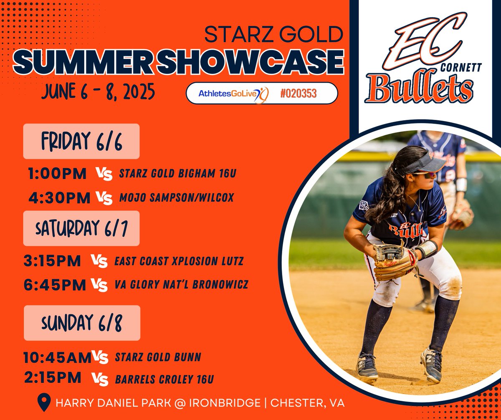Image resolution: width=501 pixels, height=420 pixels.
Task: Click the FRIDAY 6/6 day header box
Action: [x=81, y=141]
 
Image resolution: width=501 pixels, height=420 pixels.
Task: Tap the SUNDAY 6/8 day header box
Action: [x=82, y=323]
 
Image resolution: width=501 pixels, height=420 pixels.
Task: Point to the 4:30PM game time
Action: [x=59, y=197]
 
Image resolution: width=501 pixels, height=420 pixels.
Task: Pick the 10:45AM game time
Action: [x=57, y=357]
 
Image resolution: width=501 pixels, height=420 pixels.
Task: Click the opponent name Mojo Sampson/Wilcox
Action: [x=177, y=197]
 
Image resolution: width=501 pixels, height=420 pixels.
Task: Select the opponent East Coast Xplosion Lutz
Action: [x=179, y=262]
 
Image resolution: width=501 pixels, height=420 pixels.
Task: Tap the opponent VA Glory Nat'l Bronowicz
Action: [x=182, y=285]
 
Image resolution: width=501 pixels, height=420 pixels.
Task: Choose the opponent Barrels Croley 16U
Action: [x=164, y=379]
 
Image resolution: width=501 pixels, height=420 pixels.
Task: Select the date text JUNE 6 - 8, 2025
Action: [x=98, y=92]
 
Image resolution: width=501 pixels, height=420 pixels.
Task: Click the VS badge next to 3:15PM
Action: [x=100, y=261]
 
